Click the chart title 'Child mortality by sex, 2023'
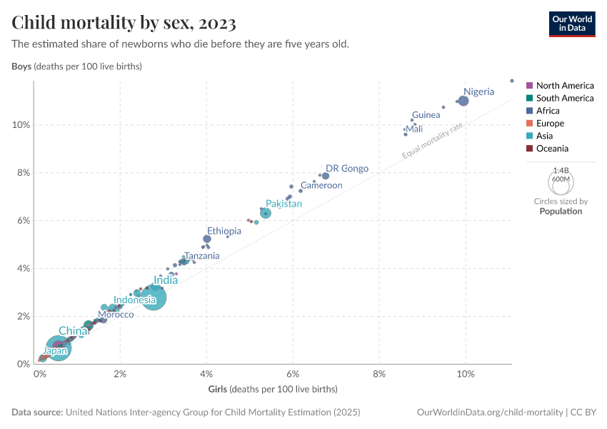click(x=124, y=23)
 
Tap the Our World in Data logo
click(x=571, y=23)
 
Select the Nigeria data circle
click(x=463, y=101)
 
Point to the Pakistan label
click(x=284, y=204)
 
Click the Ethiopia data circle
click(x=207, y=239)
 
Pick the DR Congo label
click(x=347, y=169)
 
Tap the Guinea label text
click(x=426, y=115)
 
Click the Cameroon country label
click(x=321, y=185)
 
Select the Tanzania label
click(x=201, y=256)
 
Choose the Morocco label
click(x=116, y=315)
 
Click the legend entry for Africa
click(x=548, y=111)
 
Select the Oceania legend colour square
click(x=529, y=149)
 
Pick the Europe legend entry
click(x=549, y=124)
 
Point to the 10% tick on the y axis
click(x=21, y=124)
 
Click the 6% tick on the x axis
click(x=293, y=374)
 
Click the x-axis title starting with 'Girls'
click(x=272, y=390)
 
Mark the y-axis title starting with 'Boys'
click(x=76, y=66)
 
